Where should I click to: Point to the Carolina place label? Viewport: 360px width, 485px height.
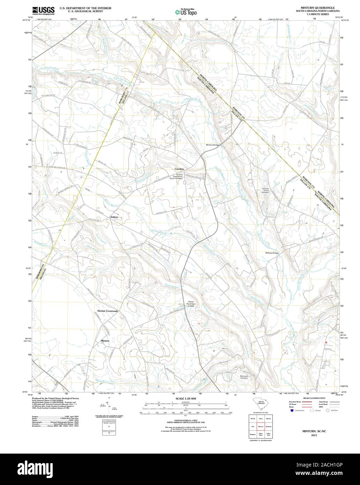(x=179, y=169)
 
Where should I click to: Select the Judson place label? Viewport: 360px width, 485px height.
(x=114, y=217)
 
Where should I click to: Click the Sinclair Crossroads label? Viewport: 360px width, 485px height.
(x=107, y=311)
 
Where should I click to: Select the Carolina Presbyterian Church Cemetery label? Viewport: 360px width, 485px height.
(x=179, y=176)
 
